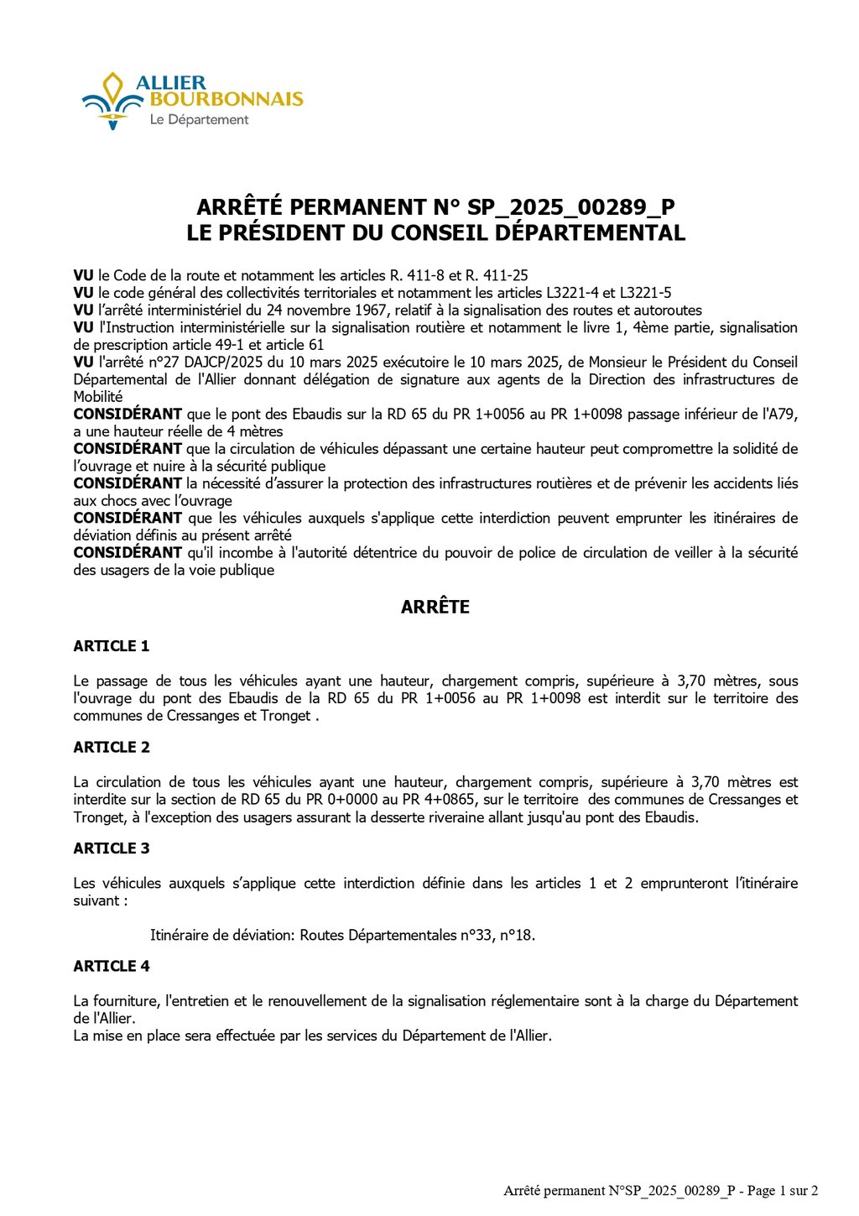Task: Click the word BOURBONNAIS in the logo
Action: point(226,100)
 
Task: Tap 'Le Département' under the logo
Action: point(199,120)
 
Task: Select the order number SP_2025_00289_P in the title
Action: point(571,207)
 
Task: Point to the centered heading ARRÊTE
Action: point(435,607)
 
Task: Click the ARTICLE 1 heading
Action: point(111,646)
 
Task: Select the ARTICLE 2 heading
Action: point(111,747)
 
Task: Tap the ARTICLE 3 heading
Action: point(111,848)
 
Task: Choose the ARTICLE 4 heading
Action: point(111,967)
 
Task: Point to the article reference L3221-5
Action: point(645,293)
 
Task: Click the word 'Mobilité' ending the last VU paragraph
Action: point(97,397)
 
